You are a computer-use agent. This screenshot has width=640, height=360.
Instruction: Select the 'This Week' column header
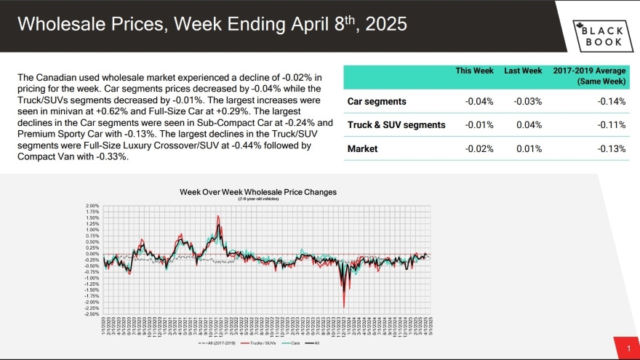point(475,71)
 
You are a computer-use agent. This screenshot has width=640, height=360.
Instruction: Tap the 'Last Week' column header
point(523,71)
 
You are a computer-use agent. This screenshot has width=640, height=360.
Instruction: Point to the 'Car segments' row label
point(377,101)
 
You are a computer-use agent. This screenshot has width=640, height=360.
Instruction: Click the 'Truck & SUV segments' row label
point(396,125)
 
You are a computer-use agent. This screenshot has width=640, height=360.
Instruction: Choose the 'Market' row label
point(363,149)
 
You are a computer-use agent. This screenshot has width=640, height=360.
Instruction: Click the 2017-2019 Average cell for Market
point(611,149)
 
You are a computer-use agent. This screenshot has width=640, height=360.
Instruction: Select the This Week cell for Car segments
point(479,101)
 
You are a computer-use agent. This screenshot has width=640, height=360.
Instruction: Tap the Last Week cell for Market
point(528,149)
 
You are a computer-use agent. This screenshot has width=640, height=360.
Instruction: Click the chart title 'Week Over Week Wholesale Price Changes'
point(258,192)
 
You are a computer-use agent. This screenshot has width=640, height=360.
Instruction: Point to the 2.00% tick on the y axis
point(93,206)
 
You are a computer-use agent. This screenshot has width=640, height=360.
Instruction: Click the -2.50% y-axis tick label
point(92,314)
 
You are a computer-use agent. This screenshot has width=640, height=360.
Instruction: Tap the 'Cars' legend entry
point(295,343)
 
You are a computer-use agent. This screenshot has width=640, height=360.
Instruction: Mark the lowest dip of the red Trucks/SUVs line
point(343,307)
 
